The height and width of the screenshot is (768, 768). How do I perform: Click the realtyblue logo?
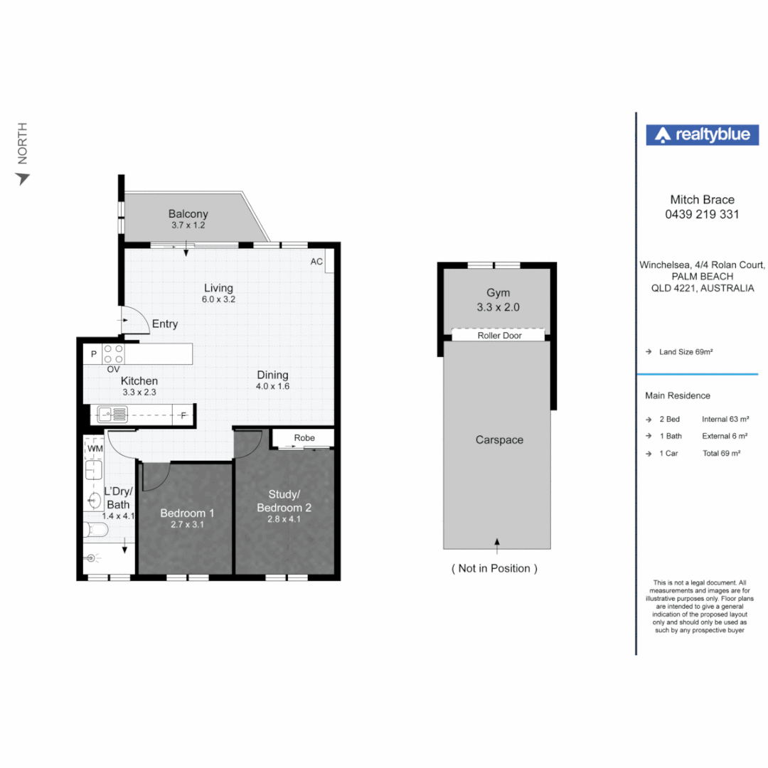pyautogui.click(x=702, y=134)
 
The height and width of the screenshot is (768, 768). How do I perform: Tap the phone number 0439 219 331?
pyautogui.click(x=702, y=214)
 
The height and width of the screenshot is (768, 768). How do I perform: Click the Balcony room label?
pyautogui.click(x=188, y=213)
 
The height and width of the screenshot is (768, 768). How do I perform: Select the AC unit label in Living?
pyautogui.click(x=316, y=262)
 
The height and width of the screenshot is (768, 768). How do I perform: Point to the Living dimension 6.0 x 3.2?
pyautogui.click(x=218, y=299)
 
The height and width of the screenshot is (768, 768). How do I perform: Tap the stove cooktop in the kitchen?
pyautogui.click(x=113, y=353)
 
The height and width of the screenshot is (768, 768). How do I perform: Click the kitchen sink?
pyautogui.click(x=112, y=415)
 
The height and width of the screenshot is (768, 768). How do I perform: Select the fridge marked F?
pyautogui.click(x=183, y=415)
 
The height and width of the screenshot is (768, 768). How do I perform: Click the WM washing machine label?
pyautogui.click(x=95, y=448)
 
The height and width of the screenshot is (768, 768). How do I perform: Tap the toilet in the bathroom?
pyautogui.click(x=95, y=529)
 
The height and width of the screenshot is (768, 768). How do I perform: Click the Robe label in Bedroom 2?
pyautogui.click(x=304, y=438)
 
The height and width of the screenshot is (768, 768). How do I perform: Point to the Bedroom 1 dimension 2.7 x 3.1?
pyautogui.click(x=187, y=524)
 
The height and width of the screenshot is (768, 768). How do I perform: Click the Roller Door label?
pyautogui.click(x=500, y=336)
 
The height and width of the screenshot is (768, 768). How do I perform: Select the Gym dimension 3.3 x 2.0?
pyautogui.click(x=498, y=307)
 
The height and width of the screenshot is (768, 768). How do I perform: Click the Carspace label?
pyautogui.click(x=499, y=440)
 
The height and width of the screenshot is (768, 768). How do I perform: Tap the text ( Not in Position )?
pyautogui.click(x=494, y=568)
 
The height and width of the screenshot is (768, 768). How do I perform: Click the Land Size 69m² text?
pyautogui.click(x=686, y=352)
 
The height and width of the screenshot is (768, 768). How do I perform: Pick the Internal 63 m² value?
pyautogui.click(x=725, y=420)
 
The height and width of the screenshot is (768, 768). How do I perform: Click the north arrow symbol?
pyautogui.click(x=22, y=178)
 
